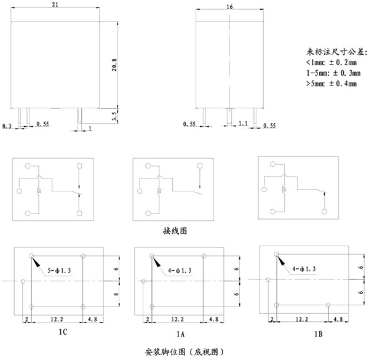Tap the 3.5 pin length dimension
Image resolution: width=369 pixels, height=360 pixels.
click(113, 116)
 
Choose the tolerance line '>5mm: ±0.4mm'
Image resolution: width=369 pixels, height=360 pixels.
click(331, 83)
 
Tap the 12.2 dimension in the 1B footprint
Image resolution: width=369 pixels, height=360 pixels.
click(301, 319)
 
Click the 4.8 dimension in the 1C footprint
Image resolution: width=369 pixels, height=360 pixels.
click(93, 319)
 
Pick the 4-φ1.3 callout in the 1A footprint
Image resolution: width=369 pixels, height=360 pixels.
click(180, 270)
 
